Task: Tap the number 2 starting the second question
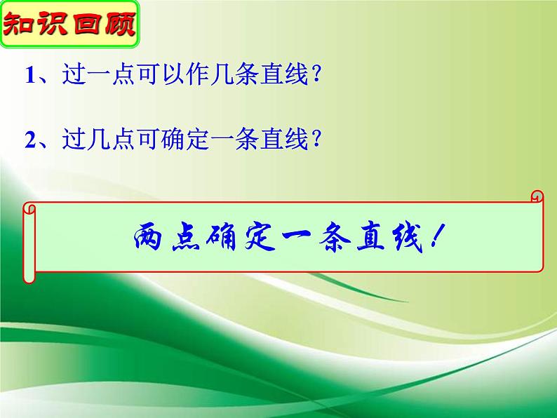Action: click(29, 140)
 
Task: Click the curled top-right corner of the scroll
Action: click(537, 196)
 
